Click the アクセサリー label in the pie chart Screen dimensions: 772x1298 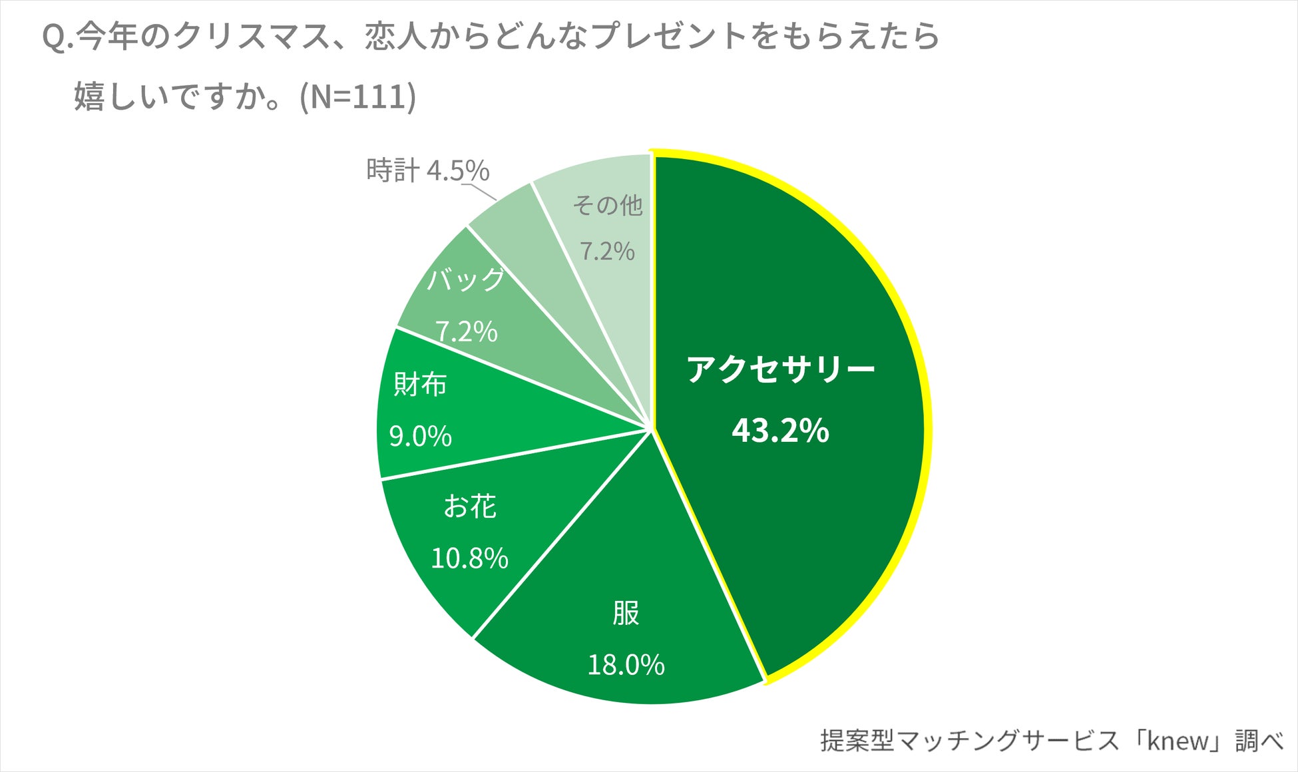[x=780, y=369]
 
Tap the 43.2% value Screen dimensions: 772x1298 [x=780, y=431]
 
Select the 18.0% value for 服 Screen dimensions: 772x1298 [x=626, y=665]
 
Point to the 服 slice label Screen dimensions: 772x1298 [x=626, y=613]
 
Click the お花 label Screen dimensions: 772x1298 [x=470, y=506]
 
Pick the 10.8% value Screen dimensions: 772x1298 [x=470, y=558]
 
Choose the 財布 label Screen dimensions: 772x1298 [x=420, y=385]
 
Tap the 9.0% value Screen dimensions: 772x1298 [x=420, y=437]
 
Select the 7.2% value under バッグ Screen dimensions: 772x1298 [x=466, y=331]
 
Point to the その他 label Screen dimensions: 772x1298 [x=607, y=205]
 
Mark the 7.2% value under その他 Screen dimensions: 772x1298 [x=607, y=252]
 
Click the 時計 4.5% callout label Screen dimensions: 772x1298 [x=427, y=171]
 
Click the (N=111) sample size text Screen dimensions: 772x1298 [x=358, y=97]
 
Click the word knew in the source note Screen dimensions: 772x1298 [x=1178, y=741]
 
